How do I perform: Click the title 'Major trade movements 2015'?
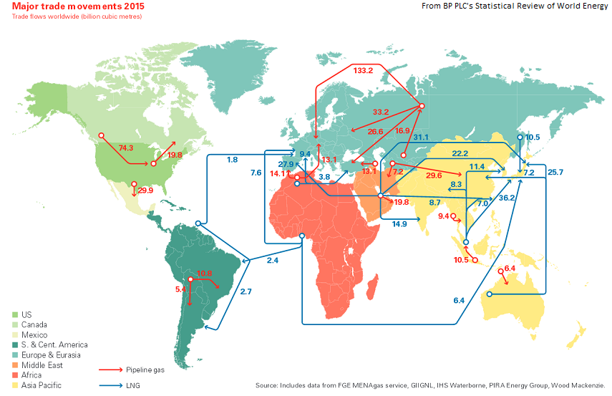click(74, 6)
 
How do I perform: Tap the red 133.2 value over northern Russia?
click(363, 70)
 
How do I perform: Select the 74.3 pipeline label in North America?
click(126, 148)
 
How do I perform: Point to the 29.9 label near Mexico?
click(145, 190)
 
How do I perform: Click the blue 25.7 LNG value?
click(555, 173)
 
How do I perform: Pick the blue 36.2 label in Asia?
click(507, 198)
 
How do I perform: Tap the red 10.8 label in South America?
click(205, 273)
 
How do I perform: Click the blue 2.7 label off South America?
click(246, 291)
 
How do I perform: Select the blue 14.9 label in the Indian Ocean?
click(399, 223)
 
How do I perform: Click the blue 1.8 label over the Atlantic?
click(233, 160)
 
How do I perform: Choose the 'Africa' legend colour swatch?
click(16, 375)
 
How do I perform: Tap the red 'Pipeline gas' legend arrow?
click(110, 370)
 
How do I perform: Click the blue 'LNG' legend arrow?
click(110, 385)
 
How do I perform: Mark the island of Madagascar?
click(372, 290)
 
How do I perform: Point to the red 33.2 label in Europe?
click(381, 112)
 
